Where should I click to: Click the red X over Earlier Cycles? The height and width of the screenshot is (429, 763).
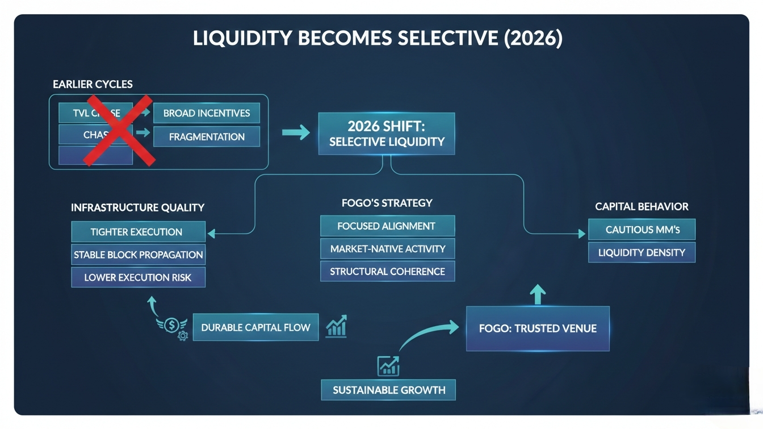click(119, 130)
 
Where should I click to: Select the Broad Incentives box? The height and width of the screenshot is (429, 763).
click(206, 113)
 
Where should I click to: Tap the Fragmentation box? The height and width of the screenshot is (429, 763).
click(206, 136)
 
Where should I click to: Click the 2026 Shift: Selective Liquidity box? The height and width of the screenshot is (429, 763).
click(387, 134)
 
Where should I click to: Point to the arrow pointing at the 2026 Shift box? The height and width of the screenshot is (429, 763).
click(296, 133)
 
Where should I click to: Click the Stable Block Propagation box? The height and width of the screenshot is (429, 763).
click(138, 255)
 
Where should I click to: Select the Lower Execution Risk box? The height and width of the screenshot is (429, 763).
click(138, 277)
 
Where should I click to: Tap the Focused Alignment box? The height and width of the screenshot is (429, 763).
click(387, 226)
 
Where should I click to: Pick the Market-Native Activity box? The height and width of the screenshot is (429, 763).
click(387, 248)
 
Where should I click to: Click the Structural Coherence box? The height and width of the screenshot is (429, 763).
click(387, 271)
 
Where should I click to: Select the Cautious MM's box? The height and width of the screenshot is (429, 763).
click(642, 230)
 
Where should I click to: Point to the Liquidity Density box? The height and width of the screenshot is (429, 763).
click(642, 252)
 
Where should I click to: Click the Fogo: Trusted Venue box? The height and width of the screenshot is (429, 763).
click(538, 328)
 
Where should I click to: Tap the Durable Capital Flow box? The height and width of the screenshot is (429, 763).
click(255, 327)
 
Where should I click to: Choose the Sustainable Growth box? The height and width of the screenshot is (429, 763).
click(388, 390)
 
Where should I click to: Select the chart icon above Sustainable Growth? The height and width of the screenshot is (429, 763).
click(388, 365)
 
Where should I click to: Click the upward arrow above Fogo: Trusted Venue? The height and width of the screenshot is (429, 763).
click(538, 295)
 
